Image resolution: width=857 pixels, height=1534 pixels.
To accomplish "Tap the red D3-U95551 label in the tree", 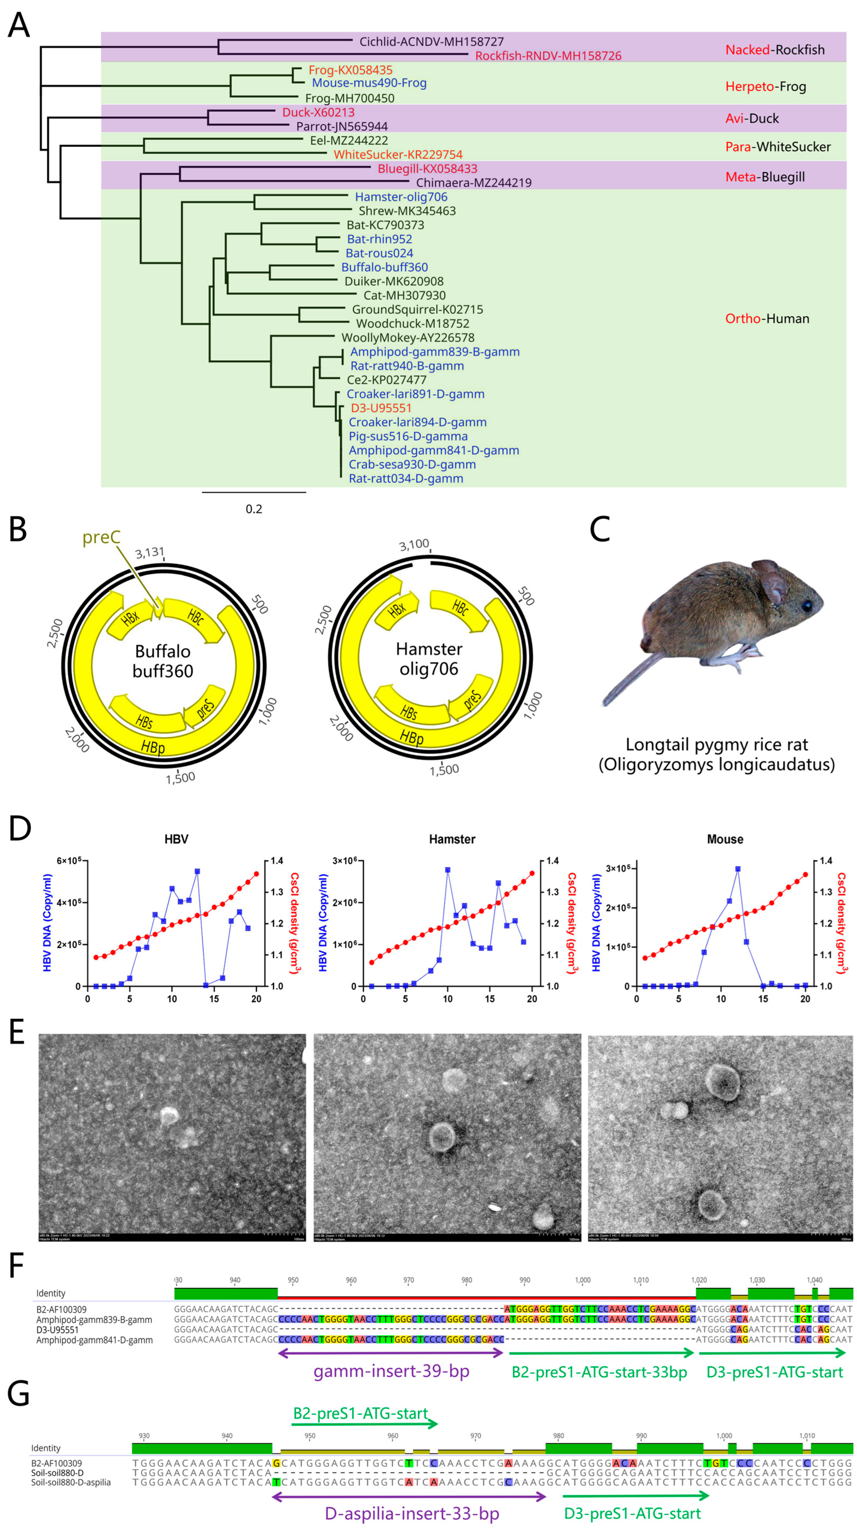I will (x=381, y=408).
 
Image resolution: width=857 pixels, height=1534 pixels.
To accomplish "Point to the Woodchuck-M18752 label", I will (x=412, y=323).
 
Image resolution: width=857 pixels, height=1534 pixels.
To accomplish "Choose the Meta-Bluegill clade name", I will (x=764, y=177).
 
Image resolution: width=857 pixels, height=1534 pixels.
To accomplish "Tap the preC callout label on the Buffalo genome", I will (x=101, y=537).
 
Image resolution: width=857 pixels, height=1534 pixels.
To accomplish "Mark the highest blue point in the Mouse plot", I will (x=738, y=869).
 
